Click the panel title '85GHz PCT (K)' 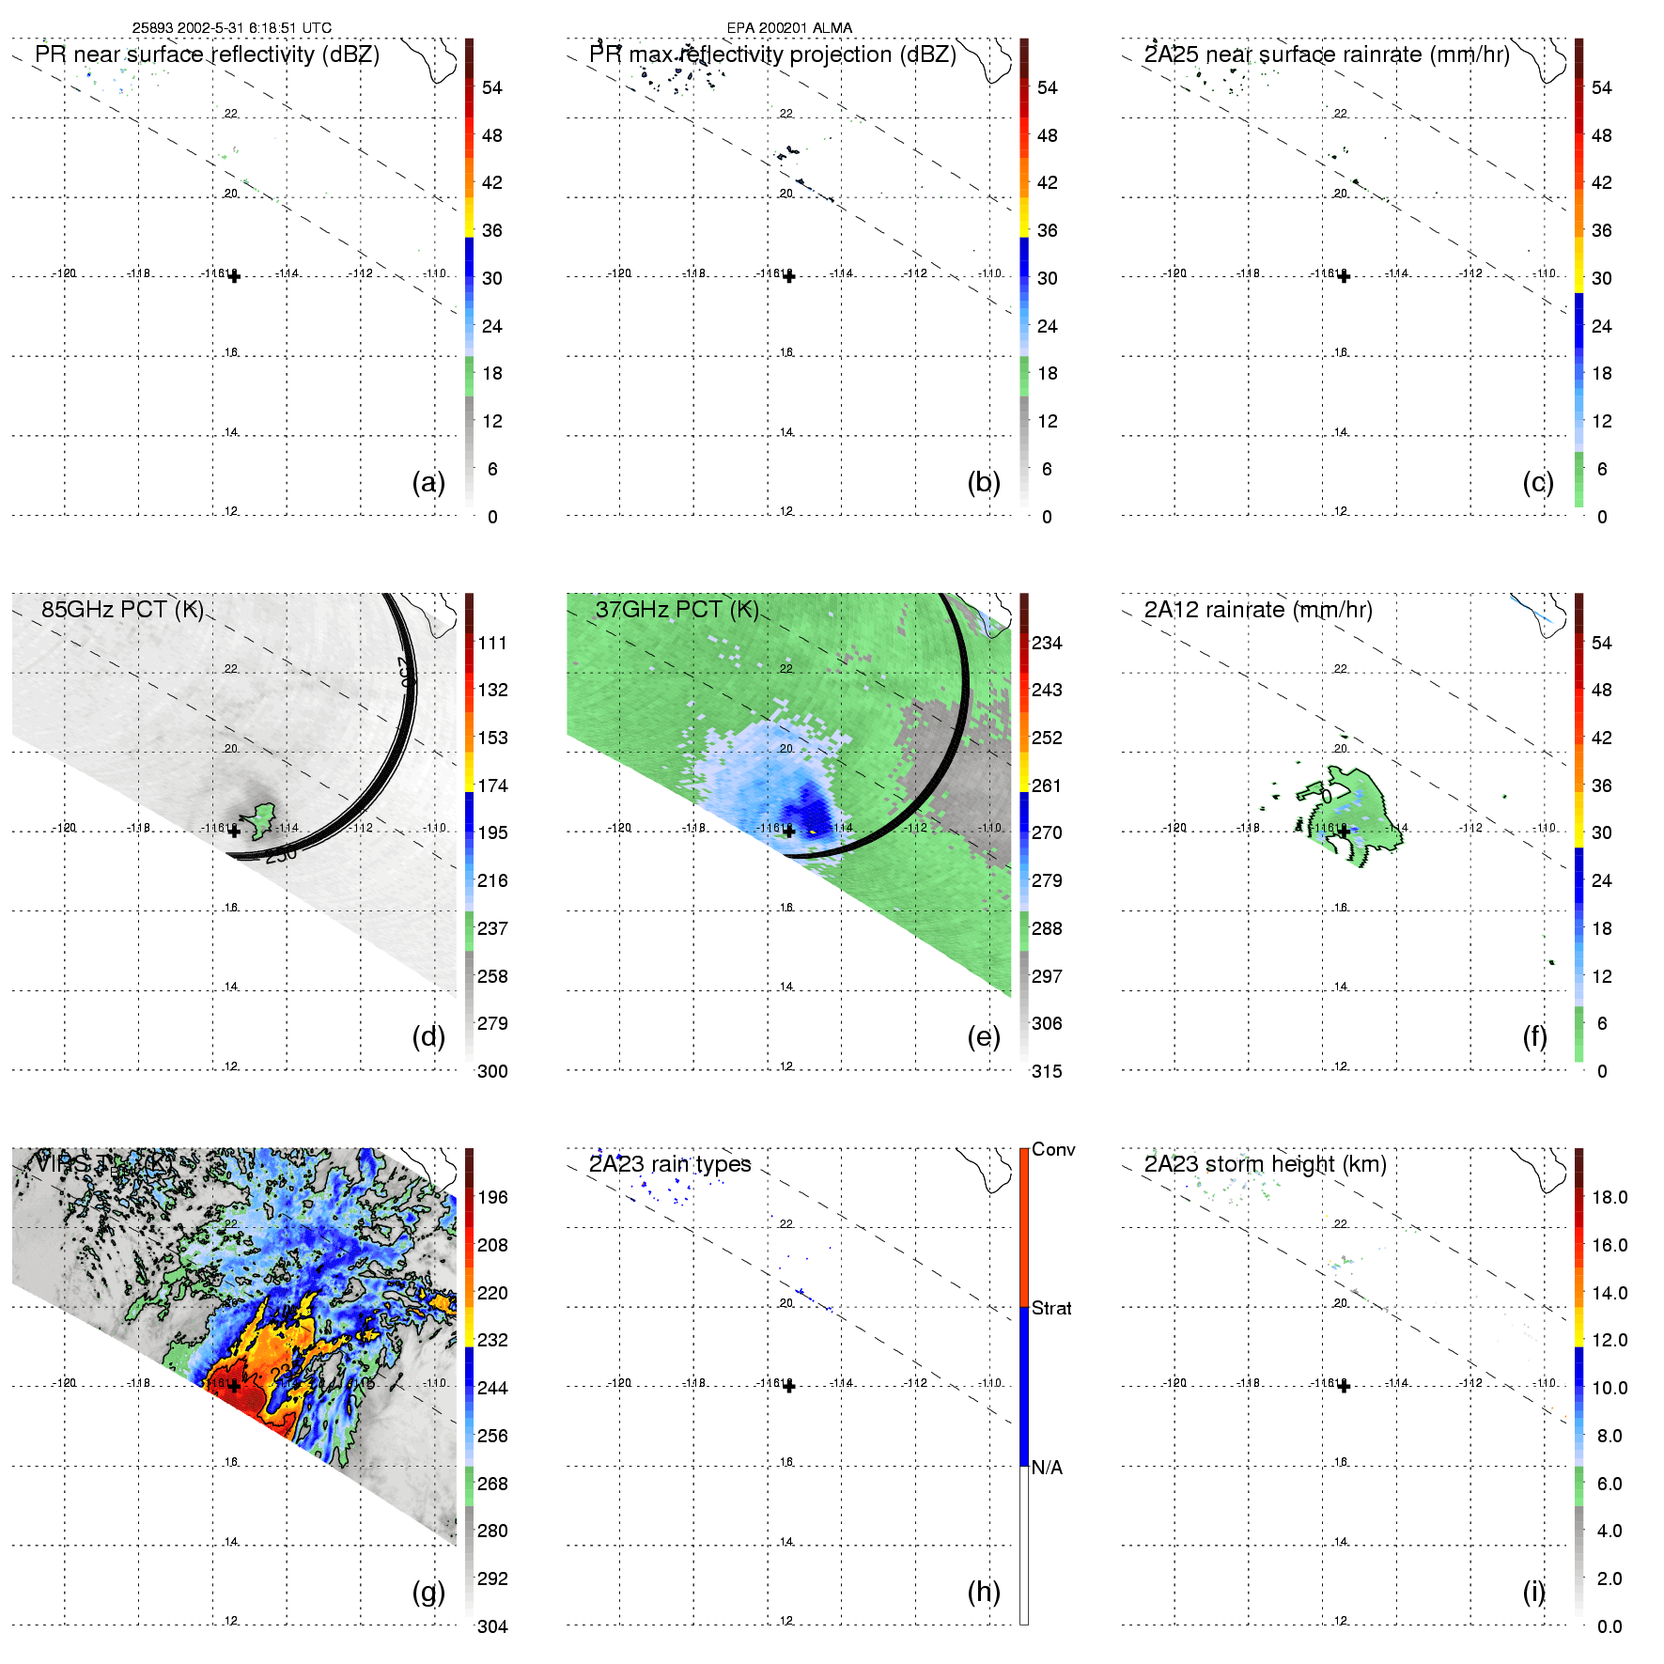click(x=122, y=610)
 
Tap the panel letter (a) click(x=428, y=483)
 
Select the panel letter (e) click(x=984, y=1037)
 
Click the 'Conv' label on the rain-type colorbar click(x=1053, y=1149)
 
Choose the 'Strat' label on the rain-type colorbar click(x=1051, y=1308)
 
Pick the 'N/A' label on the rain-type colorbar click(x=1047, y=1468)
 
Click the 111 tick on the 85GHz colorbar click(x=492, y=643)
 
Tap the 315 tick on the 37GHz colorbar click(x=1047, y=1071)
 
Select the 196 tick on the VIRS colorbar click(x=492, y=1197)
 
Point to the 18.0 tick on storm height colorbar click(x=1610, y=1197)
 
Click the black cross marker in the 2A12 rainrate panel click(x=1344, y=832)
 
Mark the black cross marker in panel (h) click(x=789, y=1386)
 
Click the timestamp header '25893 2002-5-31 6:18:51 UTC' click(x=231, y=28)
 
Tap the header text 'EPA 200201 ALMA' click(x=789, y=28)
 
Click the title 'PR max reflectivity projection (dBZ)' click(x=772, y=54)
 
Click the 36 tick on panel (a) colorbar click(x=492, y=230)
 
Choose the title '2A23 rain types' click(x=670, y=1164)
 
